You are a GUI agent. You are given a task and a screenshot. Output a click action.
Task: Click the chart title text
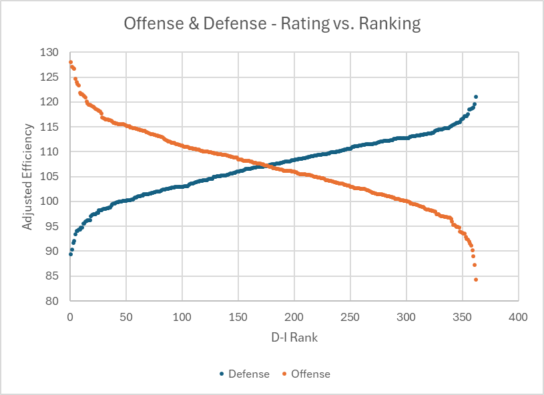point(272,25)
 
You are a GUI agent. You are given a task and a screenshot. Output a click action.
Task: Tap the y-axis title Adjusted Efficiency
point(27,177)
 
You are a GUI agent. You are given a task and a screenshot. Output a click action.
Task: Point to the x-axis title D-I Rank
point(294,338)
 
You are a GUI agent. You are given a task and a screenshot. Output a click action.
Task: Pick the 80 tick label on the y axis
point(53,301)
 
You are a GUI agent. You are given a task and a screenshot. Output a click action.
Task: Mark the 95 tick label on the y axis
point(53,226)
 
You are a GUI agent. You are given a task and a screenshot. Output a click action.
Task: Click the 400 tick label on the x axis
point(518,316)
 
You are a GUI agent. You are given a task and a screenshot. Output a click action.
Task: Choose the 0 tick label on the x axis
point(70,316)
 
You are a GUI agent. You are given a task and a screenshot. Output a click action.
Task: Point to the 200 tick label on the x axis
point(294,316)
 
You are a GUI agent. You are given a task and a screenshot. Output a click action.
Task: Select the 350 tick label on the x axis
point(462,316)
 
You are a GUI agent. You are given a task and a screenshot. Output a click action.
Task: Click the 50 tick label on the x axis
point(126,316)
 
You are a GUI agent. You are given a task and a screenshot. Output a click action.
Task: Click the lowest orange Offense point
point(476,280)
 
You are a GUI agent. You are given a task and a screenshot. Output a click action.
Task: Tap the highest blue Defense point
point(476,97)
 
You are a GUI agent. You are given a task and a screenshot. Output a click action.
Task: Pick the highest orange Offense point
point(70,62)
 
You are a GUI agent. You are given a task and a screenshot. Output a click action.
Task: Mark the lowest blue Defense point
point(71,254)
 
